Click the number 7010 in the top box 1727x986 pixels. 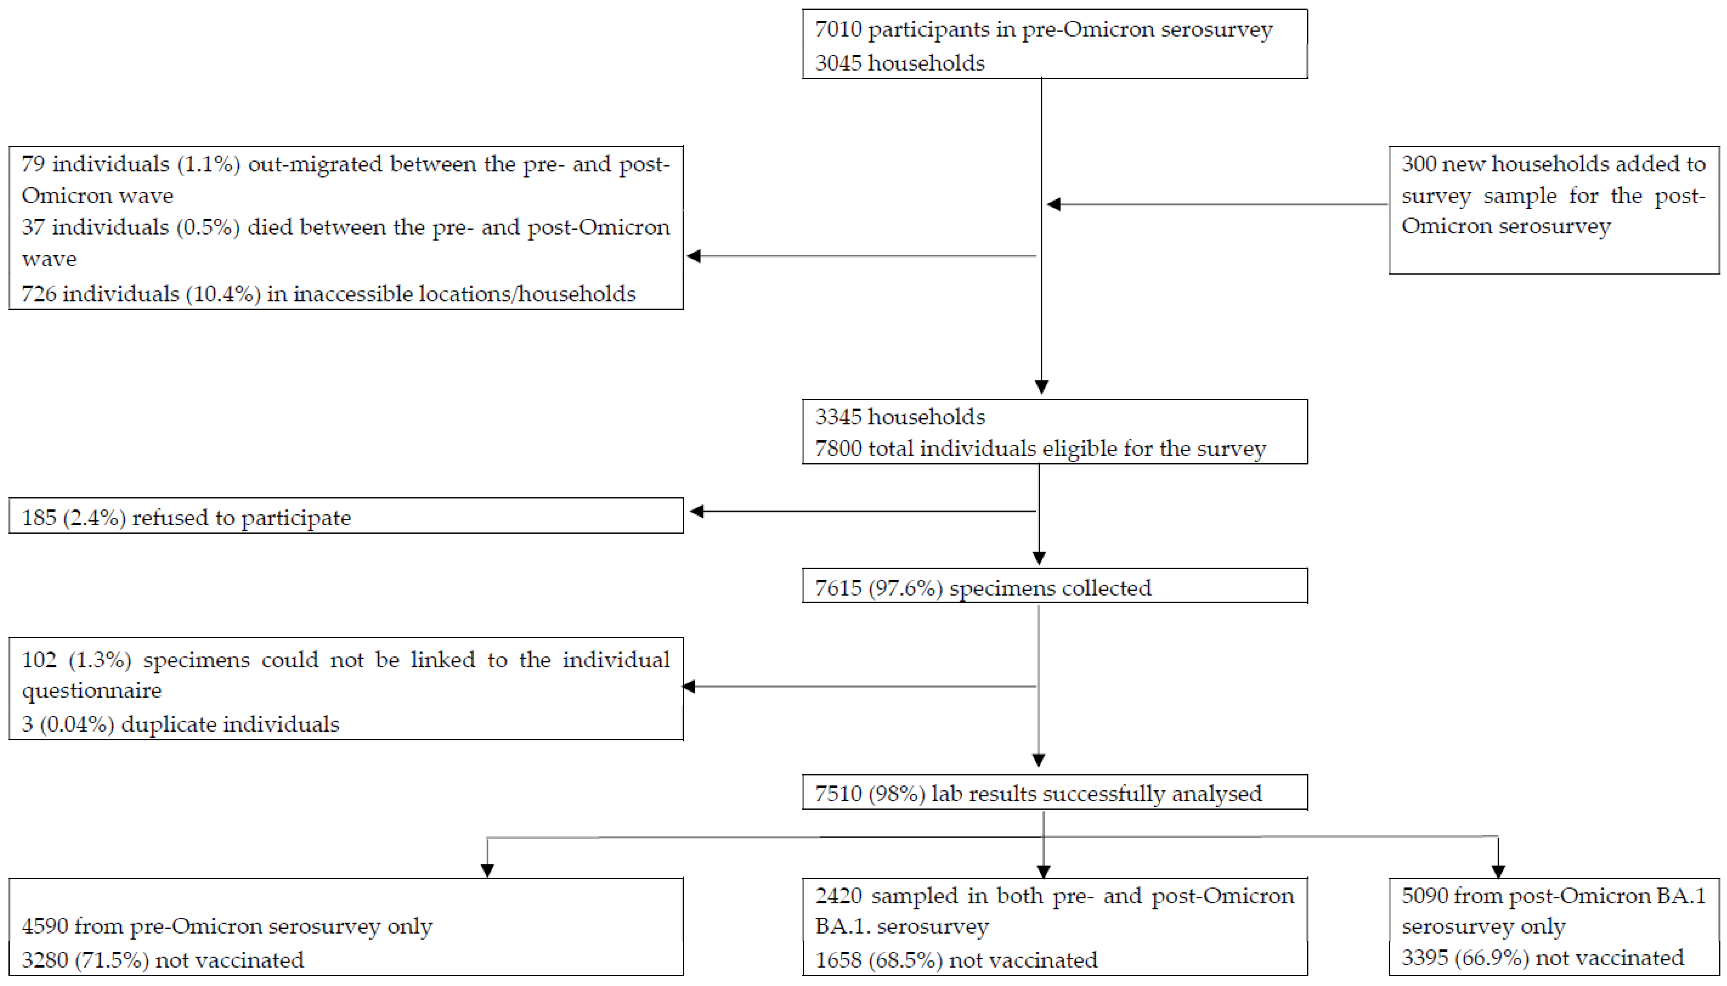pyautogui.click(x=838, y=30)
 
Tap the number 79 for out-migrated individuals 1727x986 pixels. pyautogui.click(x=33, y=164)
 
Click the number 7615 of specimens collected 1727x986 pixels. pyautogui.click(x=838, y=588)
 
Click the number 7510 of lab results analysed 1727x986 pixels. pyautogui.click(x=838, y=794)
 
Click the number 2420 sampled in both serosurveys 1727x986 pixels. pyautogui.click(x=838, y=896)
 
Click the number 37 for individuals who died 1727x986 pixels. pyautogui.click(x=33, y=227)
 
